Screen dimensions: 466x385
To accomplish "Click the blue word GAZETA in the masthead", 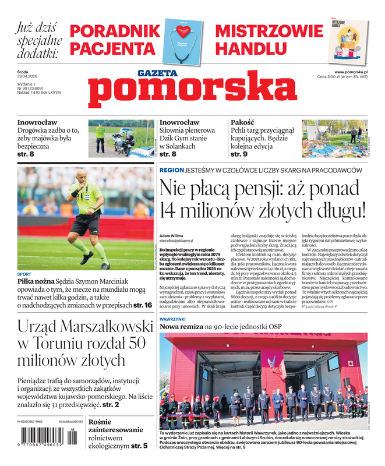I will point(157,73).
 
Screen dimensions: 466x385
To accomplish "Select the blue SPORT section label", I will point(24,274).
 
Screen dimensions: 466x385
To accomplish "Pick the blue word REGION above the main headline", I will point(171,170).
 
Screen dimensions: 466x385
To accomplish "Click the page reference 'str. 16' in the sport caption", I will point(143,305).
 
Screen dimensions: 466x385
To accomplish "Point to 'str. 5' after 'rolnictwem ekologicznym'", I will point(138,446).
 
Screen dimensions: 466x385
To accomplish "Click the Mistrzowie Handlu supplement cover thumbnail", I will point(351,40).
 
